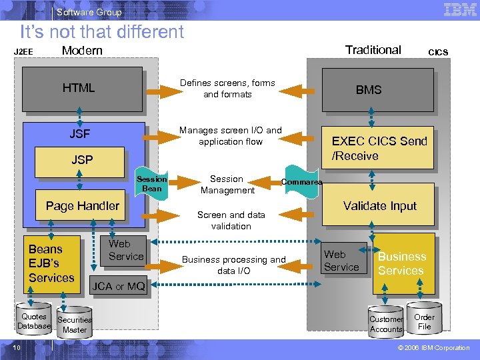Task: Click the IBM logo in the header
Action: [460, 10]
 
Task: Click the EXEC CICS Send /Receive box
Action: [379, 148]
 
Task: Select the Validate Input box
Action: [379, 207]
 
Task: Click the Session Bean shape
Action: [151, 183]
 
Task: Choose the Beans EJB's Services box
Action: [51, 263]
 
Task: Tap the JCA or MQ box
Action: [118, 287]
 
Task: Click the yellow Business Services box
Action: [403, 263]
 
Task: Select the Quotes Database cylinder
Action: [34, 321]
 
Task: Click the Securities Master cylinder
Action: [75, 325]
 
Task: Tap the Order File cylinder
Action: [424, 321]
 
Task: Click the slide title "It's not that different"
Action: [101, 31]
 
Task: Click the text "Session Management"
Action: [227, 185]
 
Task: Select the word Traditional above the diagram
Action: [373, 50]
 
